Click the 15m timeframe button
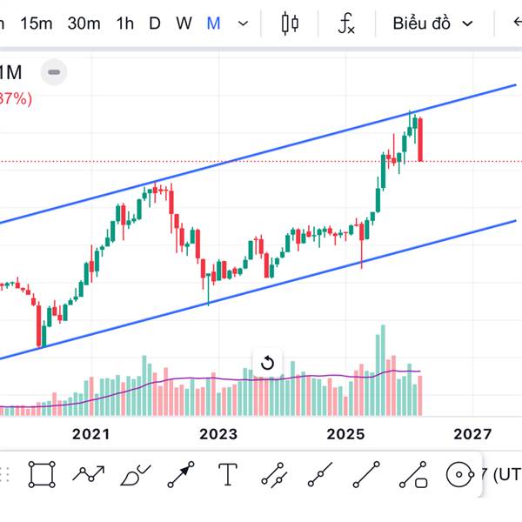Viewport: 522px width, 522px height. [36, 23]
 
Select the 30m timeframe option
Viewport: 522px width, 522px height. [84, 23]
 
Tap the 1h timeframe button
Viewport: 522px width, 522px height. [125, 23]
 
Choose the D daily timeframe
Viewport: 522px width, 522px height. [155, 23]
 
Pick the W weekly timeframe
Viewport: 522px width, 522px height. [184, 23]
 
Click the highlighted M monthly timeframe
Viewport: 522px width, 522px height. [213, 23]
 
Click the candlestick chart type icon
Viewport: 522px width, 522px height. [291, 23]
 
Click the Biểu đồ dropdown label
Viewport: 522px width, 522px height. [421, 23]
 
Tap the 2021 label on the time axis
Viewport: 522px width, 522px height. [90, 433]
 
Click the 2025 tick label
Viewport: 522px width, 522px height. [345, 433]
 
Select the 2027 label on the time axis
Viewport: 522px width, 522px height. [472, 433]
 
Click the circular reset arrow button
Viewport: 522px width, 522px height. [268, 363]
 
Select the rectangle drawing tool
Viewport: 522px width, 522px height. [41, 474]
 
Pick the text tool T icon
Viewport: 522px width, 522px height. [228, 474]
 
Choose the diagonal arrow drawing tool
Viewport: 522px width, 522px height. [181, 474]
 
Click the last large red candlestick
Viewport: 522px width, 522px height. [420, 139]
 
